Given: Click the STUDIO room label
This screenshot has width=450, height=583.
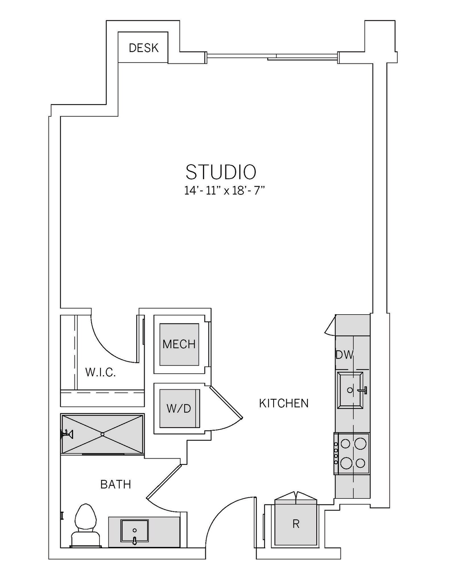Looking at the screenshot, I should tap(221, 172).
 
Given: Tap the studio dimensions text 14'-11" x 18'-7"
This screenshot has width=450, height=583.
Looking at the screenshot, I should tap(225, 190).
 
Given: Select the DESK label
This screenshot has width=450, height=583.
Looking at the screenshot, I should tap(144, 48).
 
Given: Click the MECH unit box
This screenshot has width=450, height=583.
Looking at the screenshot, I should tap(179, 344).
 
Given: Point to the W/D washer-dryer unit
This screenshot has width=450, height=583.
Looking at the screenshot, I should tap(179, 408).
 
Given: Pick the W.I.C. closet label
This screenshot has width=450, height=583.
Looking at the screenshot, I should tap(101, 372).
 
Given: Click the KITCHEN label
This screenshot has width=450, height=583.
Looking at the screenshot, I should tap(284, 403).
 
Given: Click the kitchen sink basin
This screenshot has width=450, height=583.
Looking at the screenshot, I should tap(350, 390).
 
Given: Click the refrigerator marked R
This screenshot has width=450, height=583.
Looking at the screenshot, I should tap(296, 524).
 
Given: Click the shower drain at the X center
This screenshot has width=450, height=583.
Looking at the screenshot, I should tap(102, 434).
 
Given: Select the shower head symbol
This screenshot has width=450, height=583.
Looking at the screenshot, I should tap(67, 434).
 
